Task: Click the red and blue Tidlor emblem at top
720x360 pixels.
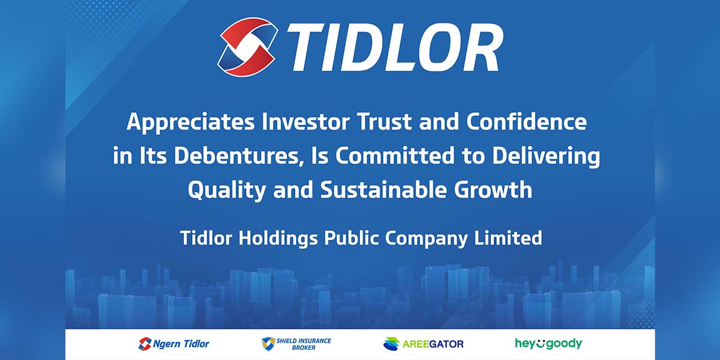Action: click(x=247, y=47)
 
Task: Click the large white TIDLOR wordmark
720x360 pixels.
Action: click(x=394, y=47)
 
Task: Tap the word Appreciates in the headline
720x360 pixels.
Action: click(x=191, y=122)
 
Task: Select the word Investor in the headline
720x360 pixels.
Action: click(x=305, y=121)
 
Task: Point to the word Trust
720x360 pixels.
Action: click(x=385, y=121)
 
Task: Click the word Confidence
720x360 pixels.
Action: click(x=527, y=121)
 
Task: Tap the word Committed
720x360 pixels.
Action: click(x=395, y=155)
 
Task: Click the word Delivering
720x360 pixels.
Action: click(x=546, y=157)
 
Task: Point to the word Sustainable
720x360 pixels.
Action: click(x=383, y=190)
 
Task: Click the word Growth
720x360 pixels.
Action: click(x=493, y=190)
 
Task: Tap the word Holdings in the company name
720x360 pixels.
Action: click(x=278, y=239)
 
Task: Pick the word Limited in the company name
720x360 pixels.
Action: click(x=508, y=238)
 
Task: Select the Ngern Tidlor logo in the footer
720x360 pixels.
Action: click(x=173, y=344)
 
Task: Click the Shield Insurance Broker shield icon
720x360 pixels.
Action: click(x=268, y=344)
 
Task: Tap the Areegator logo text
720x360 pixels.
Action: click(x=433, y=344)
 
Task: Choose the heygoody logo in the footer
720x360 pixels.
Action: click(x=548, y=344)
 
